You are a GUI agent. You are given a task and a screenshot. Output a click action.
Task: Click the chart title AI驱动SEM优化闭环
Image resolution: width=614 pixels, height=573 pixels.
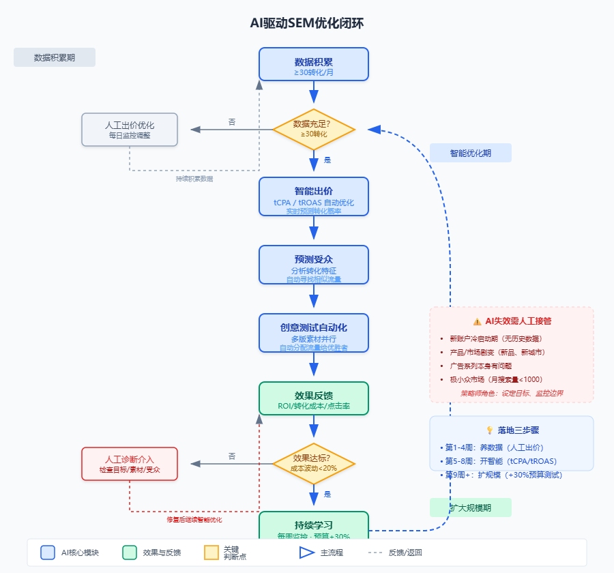[307, 23]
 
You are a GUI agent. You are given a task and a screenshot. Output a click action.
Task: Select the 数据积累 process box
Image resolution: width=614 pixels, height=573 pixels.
[314, 64]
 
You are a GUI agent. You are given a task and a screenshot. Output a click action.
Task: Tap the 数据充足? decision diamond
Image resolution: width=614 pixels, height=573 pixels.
[314, 129]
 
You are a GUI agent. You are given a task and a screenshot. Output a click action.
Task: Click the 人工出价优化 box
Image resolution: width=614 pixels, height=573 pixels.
[130, 130]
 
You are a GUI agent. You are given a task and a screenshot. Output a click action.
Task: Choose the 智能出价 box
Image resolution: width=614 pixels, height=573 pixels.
[314, 196]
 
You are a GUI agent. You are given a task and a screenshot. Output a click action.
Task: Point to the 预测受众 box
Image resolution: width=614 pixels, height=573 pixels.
[314, 265]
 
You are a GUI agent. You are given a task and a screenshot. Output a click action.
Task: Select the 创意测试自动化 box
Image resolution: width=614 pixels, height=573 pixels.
[314, 333]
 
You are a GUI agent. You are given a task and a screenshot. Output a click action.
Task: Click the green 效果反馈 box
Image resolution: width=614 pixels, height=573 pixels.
[314, 398]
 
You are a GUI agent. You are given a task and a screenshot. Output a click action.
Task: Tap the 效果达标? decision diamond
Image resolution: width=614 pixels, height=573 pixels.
[314, 463]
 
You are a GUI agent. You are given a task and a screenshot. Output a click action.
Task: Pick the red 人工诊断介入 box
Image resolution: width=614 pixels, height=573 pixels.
[130, 464]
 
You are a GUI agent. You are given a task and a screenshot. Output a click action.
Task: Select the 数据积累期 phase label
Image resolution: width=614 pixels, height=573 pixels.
[55, 57]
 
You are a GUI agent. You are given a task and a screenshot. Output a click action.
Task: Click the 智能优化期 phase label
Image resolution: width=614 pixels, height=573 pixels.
[471, 153]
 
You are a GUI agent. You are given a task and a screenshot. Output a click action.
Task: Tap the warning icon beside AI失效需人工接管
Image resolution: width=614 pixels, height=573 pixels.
[477, 321]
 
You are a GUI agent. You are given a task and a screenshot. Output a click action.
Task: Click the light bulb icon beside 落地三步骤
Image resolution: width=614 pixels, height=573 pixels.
[489, 430]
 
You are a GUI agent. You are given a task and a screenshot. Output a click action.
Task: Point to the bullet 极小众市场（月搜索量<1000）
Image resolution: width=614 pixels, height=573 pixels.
[495, 379]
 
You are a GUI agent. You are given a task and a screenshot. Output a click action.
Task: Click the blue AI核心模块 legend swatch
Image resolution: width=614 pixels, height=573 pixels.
[48, 553]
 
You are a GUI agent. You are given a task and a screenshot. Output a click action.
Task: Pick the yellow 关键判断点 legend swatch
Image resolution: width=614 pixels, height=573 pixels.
[211, 553]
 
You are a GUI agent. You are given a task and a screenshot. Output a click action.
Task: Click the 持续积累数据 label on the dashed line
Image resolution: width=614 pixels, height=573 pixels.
[194, 179]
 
